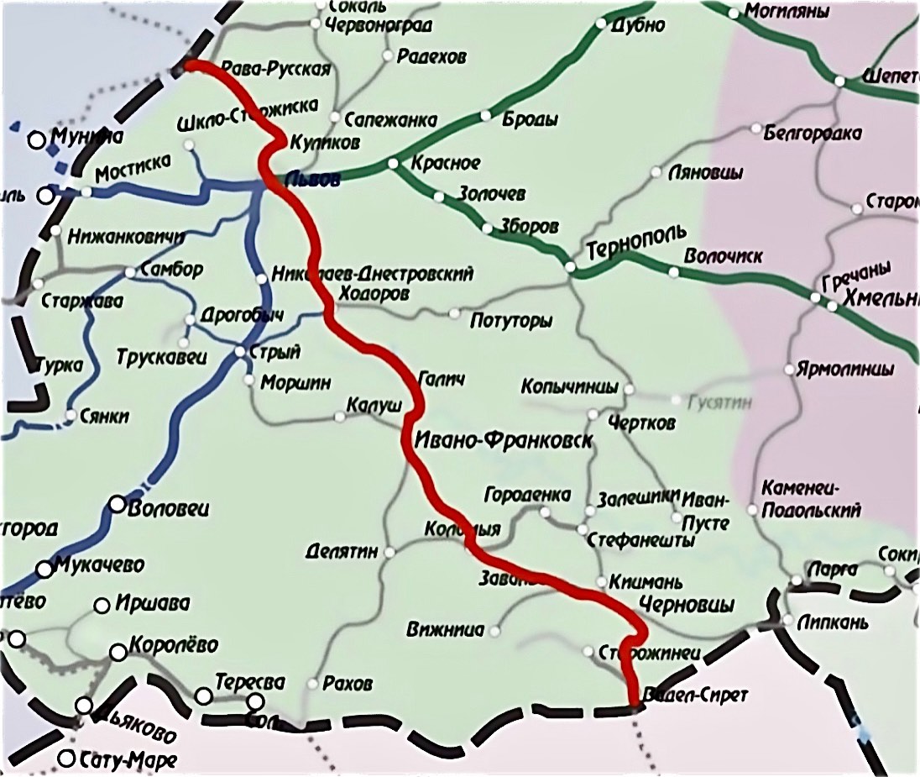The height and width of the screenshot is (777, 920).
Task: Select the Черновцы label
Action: click(x=686, y=605)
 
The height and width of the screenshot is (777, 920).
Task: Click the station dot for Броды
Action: click(x=485, y=116)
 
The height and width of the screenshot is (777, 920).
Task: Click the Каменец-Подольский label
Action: click(x=811, y=500)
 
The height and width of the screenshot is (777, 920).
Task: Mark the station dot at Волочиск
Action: click(x=673, y=272)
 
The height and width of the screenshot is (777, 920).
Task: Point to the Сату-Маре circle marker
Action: click(x=67, y=759)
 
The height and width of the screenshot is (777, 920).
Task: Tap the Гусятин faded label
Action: click(x=719, y=403)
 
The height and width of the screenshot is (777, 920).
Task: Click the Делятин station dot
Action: click(x=389, y=552)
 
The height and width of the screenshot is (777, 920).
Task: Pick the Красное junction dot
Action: click(x=393, y=163)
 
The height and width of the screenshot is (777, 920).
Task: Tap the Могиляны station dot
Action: click(x=734, y=13)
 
